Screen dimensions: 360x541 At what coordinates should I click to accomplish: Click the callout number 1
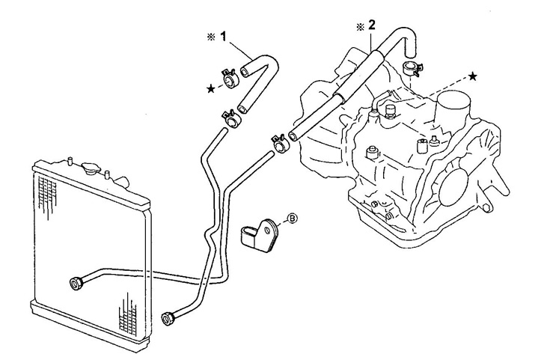[x=222, y=36]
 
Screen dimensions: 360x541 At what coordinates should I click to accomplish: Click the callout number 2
[x=371, y=25]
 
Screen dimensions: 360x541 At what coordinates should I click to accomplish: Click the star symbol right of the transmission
[x=472, y=76]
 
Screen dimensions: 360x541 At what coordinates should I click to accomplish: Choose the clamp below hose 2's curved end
[x=410, y=70]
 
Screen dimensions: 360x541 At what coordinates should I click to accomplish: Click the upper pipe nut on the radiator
[x=76, y=282]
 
